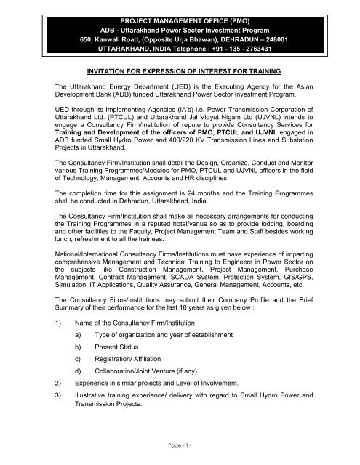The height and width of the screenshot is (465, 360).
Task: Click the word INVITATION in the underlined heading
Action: click(x=110, y=72)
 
